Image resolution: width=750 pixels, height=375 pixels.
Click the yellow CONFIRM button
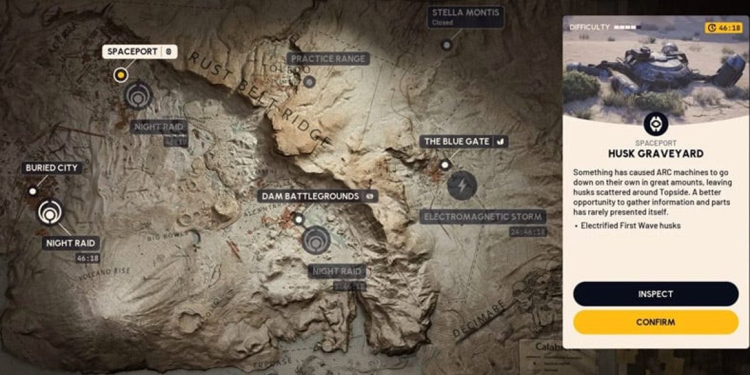(x=656, y=322)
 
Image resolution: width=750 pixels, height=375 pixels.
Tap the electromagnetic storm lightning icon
(x=462, y=186)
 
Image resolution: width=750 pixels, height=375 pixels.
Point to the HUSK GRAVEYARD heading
(x=656, y=153)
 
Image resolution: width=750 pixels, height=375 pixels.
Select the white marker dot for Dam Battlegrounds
(x=299, y=219)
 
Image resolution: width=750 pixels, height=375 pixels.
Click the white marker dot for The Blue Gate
(x=444, y=165)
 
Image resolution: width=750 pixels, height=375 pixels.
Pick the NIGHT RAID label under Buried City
(x=71, y=243)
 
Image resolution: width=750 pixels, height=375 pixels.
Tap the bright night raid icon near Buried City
(x=50, y=212)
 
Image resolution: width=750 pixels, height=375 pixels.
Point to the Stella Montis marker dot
(x=446, y=45)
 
